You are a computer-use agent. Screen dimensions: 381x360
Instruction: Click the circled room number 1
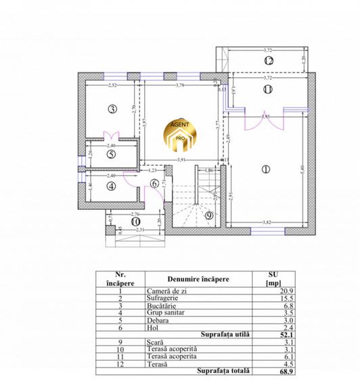(265, 169)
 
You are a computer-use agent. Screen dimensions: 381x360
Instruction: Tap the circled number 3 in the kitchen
(112, 108)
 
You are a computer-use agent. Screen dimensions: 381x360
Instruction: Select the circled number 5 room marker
(111, 154)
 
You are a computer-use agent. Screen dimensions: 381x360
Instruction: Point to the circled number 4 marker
(111, 186)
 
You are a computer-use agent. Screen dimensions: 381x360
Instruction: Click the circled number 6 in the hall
(154, 183)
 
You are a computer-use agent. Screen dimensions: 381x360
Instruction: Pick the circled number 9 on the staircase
(208, 216)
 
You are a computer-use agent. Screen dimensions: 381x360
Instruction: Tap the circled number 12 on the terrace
(269, 61)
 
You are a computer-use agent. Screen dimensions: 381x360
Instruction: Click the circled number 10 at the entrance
(135, 221)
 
